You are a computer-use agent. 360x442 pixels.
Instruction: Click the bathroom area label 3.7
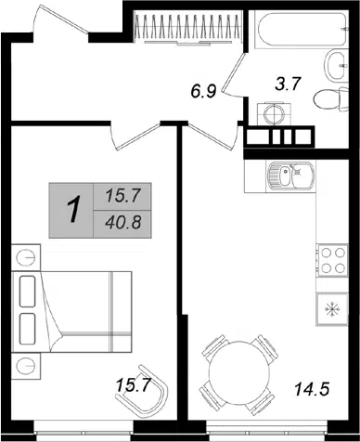coord(288,84)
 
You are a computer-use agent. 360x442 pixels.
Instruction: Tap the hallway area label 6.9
coord(203,92)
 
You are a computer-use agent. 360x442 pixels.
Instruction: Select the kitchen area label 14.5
coord(312,389)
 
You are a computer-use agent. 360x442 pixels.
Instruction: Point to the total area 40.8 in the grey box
coord(123,223)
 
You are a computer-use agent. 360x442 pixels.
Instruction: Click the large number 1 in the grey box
coord(72,210)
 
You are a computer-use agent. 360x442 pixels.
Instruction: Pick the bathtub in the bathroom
coord(302,30)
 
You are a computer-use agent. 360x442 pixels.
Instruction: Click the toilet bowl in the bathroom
coord(330,99)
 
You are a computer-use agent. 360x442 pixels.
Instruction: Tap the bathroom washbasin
coord(336,66)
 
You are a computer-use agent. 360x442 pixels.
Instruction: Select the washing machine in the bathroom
coord(274,114)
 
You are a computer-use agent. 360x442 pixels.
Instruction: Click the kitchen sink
coord(290,175)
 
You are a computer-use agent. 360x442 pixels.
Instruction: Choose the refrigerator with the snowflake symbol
coord(332,309)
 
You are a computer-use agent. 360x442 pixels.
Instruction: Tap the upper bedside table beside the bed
coord(26,257)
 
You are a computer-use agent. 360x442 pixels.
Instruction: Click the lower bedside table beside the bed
coord(26,366)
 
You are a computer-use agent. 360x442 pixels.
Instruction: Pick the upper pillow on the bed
coord(27,292)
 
